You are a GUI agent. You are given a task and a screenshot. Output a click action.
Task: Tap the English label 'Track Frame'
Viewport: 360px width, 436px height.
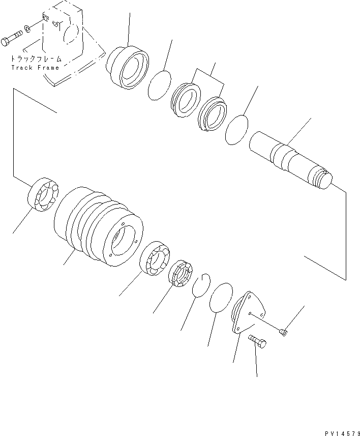pyautogui.click(x=35, y=67)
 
